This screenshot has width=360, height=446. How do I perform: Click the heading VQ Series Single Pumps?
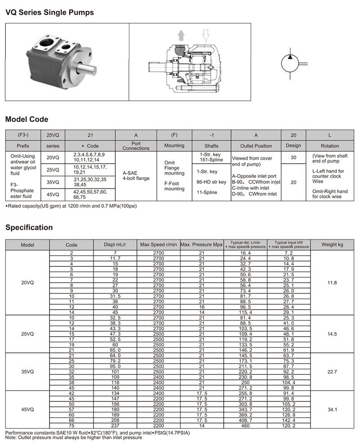49,13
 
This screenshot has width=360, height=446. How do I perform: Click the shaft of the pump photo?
88,69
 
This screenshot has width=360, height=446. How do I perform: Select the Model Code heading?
27,120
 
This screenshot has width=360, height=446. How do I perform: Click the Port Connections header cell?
136,146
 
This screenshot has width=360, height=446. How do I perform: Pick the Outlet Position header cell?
256,146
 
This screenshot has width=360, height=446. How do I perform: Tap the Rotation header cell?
330,146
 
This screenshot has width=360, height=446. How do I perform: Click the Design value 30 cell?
293,158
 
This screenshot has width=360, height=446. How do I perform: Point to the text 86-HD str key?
211,182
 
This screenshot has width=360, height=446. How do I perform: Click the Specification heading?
29,227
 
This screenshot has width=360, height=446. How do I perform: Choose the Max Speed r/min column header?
158,245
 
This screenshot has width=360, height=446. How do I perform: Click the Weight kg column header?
332,245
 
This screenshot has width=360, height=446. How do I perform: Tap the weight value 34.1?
332,410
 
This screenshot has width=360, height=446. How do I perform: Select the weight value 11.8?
332,283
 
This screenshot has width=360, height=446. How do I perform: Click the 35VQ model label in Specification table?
27,372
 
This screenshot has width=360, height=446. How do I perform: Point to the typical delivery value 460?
245,425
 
